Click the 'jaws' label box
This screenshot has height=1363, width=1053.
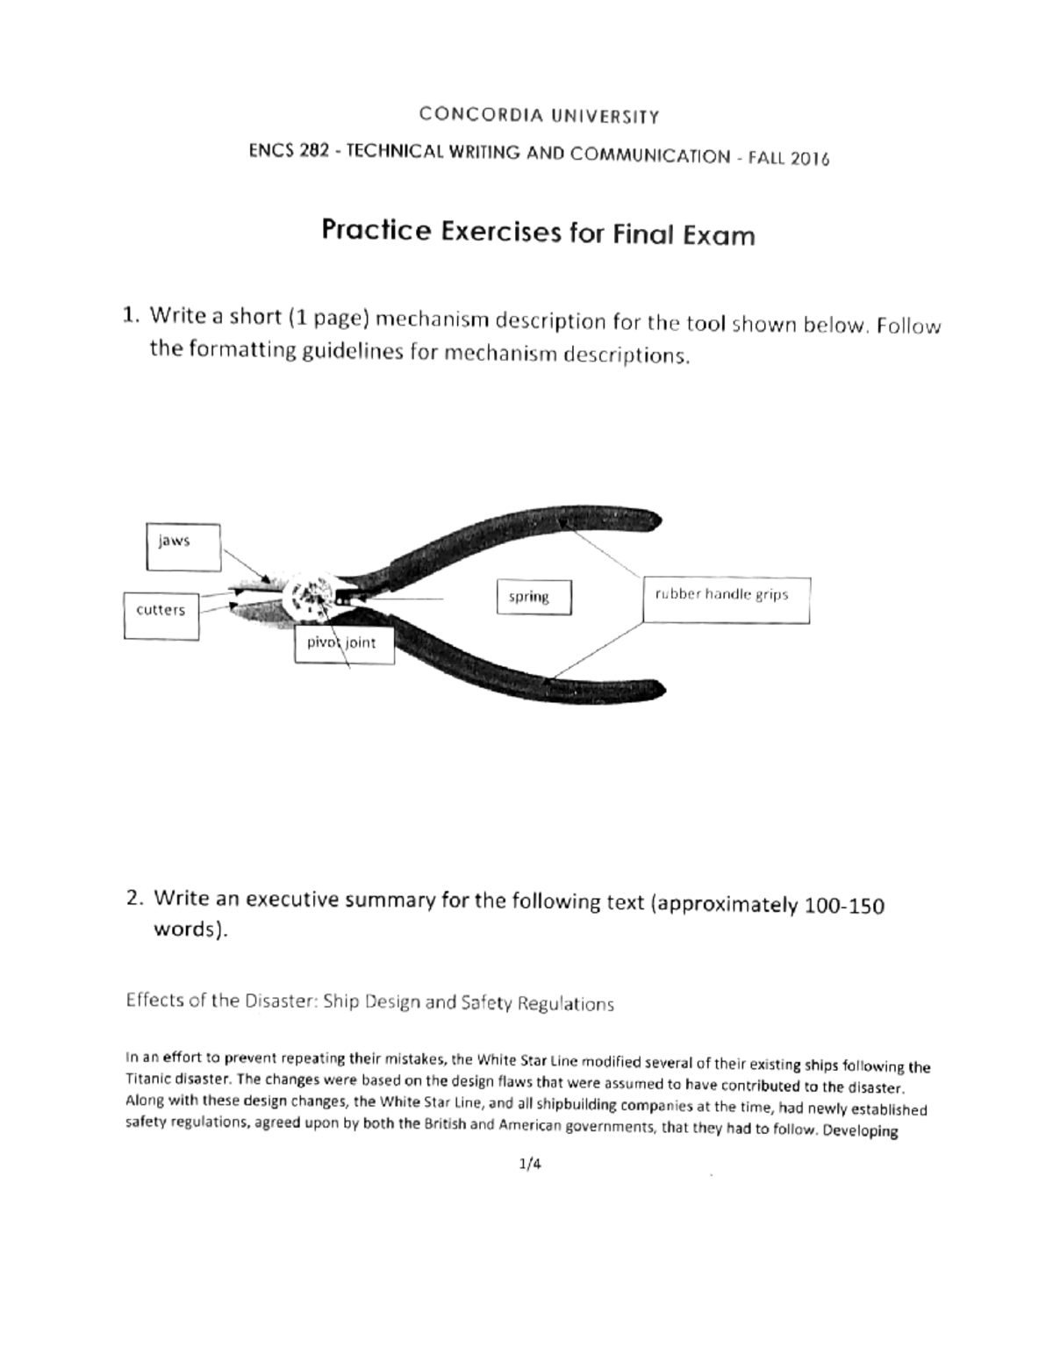[183, 546]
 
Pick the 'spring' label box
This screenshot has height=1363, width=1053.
[533, 597]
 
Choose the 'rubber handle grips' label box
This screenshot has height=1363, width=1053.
[726, 599]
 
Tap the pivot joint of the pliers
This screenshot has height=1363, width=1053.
[312, 593]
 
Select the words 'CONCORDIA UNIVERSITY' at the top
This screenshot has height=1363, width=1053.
[539, 115]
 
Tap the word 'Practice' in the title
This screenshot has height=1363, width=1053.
[376, 231]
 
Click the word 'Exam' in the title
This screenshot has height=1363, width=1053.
[717, 235]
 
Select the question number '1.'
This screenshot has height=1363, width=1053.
[132, 314]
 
